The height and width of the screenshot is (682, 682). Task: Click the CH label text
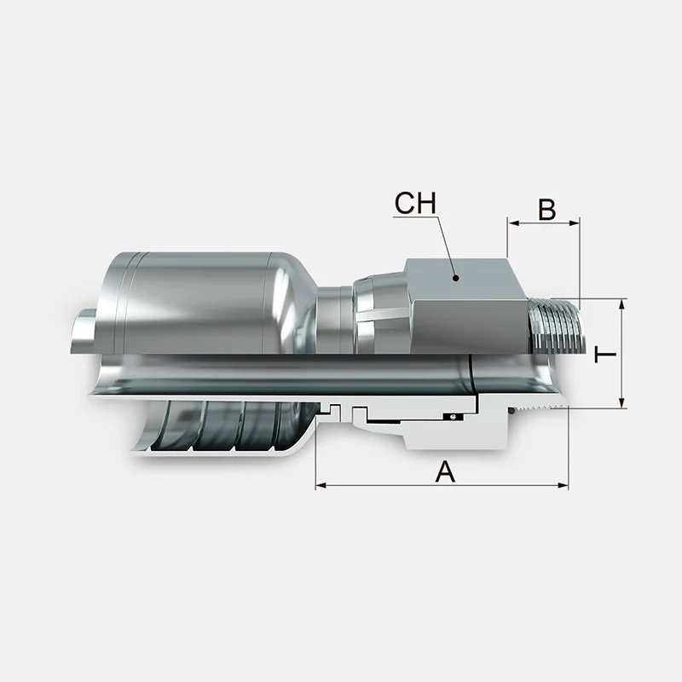coord(415,203)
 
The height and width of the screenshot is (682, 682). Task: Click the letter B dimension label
coord(546,210)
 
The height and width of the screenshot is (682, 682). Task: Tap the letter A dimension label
coord(445,472)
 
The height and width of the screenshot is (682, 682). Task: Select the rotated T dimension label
coord(606,355)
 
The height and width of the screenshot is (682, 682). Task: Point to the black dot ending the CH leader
coord(455,278)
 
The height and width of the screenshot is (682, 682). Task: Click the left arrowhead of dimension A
coord(321,485)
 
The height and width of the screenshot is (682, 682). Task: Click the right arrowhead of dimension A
coord(563,485)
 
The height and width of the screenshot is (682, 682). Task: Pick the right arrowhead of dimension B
coord(574,223)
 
